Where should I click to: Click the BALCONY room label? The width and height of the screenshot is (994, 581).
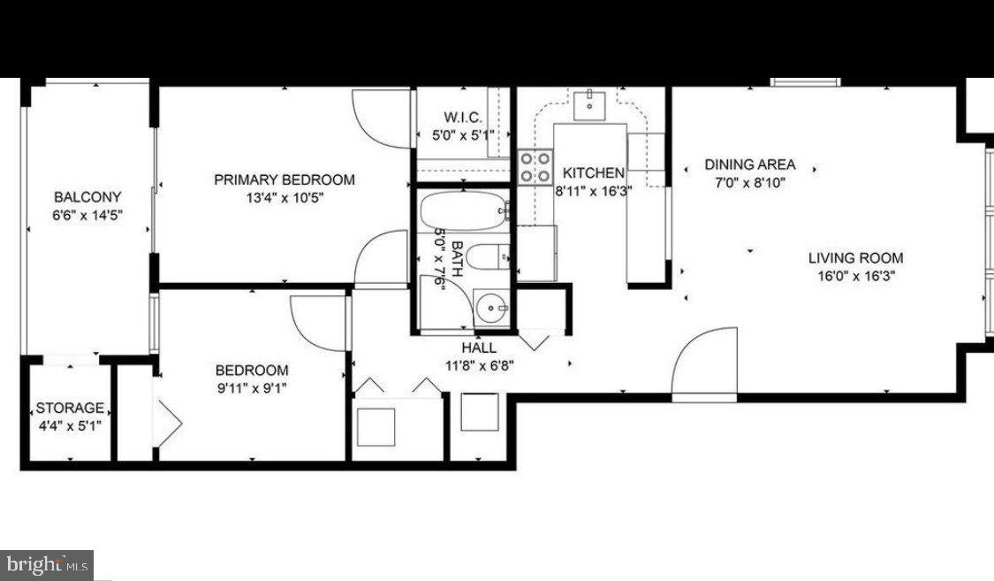(x=87, y=196)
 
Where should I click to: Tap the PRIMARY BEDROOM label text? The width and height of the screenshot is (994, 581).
(x=285, y=180)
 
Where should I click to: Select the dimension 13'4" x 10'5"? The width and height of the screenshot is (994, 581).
(x=285, y=198)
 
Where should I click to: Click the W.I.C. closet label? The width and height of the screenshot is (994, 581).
(x=463, y=118)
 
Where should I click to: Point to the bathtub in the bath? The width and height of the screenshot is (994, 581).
(x=464, y=211)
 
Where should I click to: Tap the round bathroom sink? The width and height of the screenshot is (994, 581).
(x=491, y=309)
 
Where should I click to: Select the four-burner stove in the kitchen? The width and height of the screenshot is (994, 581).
(x=535, y=167)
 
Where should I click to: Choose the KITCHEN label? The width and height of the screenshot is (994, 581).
(x=594, y=172)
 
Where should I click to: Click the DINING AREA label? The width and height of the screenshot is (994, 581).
(x=750, y=164)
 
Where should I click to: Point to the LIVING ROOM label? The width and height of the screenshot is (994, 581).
(x=856, y=257)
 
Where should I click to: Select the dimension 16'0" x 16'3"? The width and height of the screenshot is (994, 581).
(x=856, y=276)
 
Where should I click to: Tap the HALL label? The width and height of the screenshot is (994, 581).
(x=479, y=348)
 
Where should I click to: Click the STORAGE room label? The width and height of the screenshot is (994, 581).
(x=70, y=408)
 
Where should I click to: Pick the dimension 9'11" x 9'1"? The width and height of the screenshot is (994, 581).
(x=253, y=388)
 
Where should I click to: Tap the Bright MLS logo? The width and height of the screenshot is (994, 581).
(x=47, y=565)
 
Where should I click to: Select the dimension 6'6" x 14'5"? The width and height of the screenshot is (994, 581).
(x=87, y=215)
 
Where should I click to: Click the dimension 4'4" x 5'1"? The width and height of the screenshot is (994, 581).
(x=70, y=426)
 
